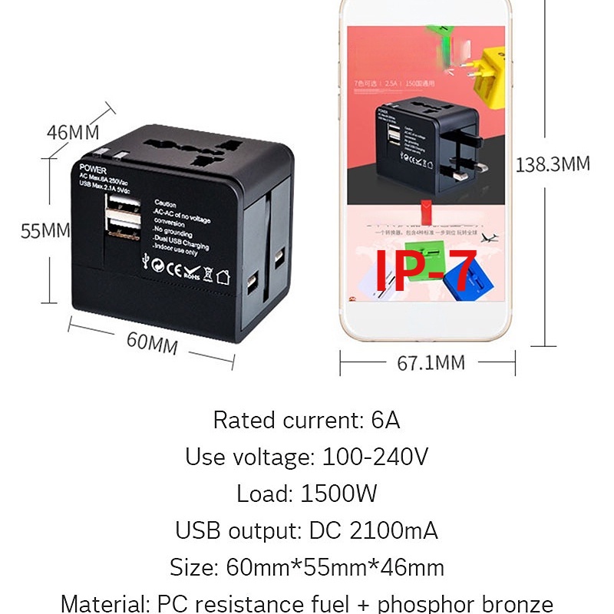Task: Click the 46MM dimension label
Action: [72, 131]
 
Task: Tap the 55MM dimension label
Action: [45, 230]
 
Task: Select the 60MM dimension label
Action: [152, 342]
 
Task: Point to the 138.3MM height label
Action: [552, 164]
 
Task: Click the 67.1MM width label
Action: [431, 362]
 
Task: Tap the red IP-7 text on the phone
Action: [424, 270]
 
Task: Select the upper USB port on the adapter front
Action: [124, 203]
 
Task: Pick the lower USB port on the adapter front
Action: [124, 228]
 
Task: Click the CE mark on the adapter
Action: [173, 269]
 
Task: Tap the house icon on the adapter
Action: [223, 277]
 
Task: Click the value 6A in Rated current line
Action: [385, 421]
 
